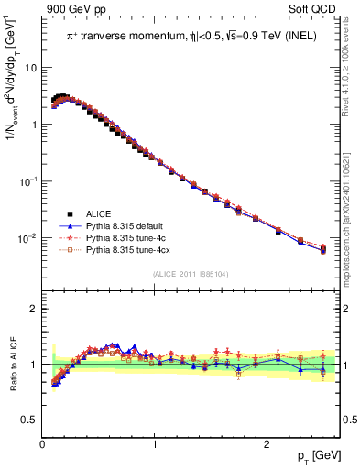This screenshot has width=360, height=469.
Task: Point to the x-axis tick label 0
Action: (x=43, y=444)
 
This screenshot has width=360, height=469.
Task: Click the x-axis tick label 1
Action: (x=155, y=444)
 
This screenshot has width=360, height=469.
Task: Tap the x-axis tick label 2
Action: (x=266, y=444)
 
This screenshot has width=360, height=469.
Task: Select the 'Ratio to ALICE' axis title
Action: (x=11, y=365)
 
